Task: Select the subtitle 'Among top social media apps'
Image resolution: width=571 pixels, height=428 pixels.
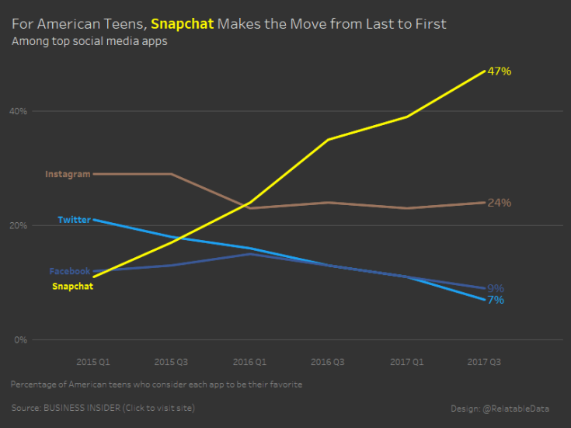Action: point(89,41)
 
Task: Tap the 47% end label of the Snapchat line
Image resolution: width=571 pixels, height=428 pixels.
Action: point(499,71)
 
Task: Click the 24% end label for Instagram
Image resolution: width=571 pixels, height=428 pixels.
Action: point(499,203)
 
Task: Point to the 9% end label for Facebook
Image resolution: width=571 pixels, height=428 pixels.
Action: point(495,288)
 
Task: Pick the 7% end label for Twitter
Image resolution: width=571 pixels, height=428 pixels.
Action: point(495,300)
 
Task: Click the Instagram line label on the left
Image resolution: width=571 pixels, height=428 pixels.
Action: point(68,174)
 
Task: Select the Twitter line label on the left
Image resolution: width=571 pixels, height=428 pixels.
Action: point(74,220)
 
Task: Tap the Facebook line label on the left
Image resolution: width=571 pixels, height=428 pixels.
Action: point(69,271)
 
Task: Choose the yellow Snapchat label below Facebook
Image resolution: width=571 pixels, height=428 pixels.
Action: point(72,286)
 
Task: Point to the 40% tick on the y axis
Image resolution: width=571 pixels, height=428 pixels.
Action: point(18,111)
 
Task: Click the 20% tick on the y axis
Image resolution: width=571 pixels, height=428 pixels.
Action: point(18,225)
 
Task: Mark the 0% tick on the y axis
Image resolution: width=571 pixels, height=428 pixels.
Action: point(21,339)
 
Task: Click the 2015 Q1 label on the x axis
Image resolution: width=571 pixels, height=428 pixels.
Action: point(93,361)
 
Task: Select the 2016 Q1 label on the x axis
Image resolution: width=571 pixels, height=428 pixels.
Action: point(249,361)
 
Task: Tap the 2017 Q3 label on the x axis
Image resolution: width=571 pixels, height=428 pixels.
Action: point(484,361)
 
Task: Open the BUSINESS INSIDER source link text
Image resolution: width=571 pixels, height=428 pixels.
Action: point(103,408)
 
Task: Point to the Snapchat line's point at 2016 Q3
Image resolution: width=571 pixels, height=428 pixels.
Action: point(328,140)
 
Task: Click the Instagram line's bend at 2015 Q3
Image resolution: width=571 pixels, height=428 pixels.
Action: point(172,174)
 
